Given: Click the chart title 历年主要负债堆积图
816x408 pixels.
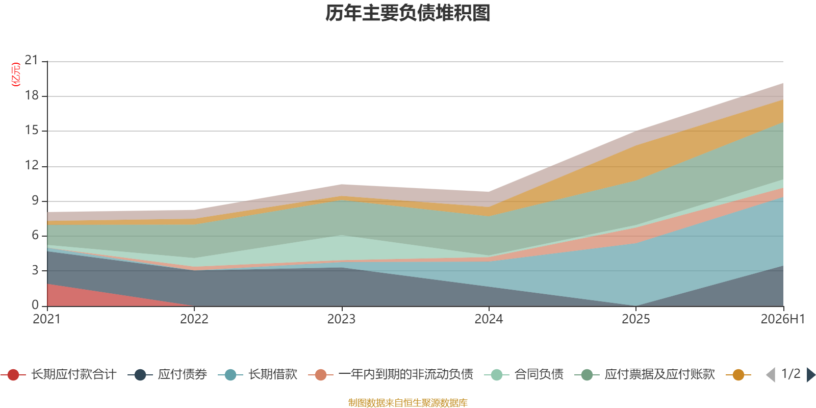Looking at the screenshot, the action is pyautogui.click(x=407, y=13).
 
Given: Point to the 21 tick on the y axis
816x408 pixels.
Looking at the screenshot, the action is pyautogui.click(x=31, y=60).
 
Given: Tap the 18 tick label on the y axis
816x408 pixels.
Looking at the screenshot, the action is pyautogui.click(x=32, y=95).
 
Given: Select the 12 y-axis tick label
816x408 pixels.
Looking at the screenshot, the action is pyautogui.click(x=32, y=165).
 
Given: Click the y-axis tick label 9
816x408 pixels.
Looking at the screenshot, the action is pyautogui.click(x=35, y=200).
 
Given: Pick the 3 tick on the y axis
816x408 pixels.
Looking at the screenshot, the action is pyautogui.click(x=35, y=270).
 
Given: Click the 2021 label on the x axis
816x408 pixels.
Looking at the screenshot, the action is pyautogui.click(x=46, y=319).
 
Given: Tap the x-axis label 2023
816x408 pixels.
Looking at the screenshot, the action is pyautogui.click(x=341, y=319).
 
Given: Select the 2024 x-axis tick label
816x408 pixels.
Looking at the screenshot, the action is pyautogui.click(x=489, y=319).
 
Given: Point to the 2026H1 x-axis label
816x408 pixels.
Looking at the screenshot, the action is pyautogui.click(x=783, y=319).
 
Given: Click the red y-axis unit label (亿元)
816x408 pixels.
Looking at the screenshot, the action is pyautogui.click(x=16, y=74).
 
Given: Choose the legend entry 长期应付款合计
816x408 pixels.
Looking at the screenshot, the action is pyautogui.click(x=58, y=374).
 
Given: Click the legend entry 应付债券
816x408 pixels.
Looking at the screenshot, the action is pyautogui.click(x=167, y=374).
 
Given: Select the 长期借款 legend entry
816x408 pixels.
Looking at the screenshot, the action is pyautogui.click(x=258, y=374).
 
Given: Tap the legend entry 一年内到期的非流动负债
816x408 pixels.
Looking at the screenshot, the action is pyautogui.click(x=391, y=374).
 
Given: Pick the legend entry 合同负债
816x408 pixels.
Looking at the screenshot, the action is pyautogui.click(x=524, y=374).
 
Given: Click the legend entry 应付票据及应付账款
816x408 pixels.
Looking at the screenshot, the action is pyautogui.click(x=645, y=374).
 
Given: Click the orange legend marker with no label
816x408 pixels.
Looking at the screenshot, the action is pyautogui.click(x=738, y=374).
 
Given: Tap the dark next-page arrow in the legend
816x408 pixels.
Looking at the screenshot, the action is pyautogui.click(x=811, y=374).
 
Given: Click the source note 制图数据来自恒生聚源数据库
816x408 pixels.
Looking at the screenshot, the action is pyautogui.click(x=407, y=402).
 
